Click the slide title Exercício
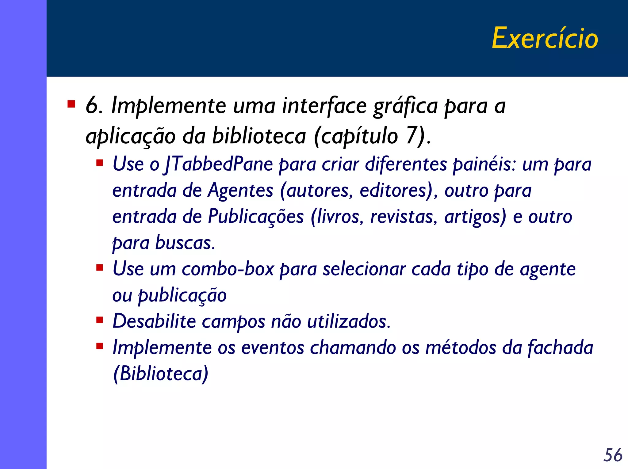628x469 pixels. pos(545,38)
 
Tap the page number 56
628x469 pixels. pos(613,455)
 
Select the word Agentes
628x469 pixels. pos(240,190)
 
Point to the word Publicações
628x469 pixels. pos(256,217)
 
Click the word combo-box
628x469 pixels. pos(228,269)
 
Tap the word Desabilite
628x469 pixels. pos(154,321)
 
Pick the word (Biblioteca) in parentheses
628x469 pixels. pos(161,373)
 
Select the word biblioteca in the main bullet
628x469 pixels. pos(259,136)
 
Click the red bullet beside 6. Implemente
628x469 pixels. pos(71,104)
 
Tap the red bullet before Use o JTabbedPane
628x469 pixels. pos(99,163)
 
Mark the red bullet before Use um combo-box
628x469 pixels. pos(99,268)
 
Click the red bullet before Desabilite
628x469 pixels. pos(99,320)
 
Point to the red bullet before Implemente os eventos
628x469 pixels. pos(99,346)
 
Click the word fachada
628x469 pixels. pos(560,347)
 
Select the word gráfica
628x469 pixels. pos(405,106)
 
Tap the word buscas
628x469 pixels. pos(185,243)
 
